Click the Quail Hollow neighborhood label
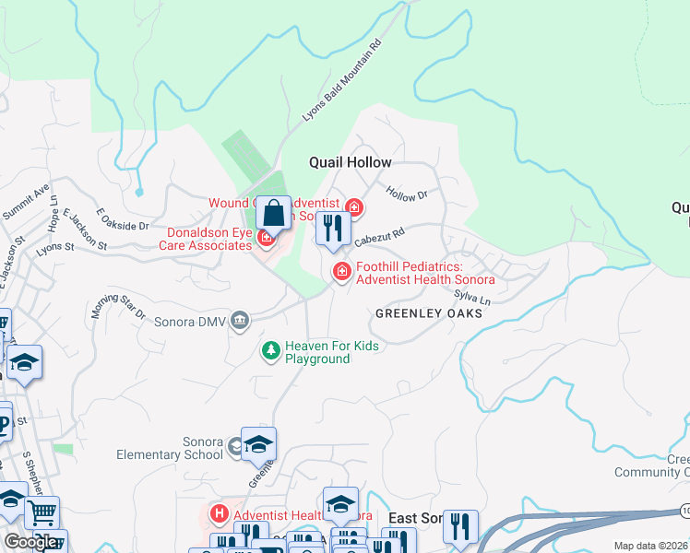point(350,162)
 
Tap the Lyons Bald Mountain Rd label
point(342,82)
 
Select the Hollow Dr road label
point(408,194)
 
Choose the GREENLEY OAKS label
point(428,314)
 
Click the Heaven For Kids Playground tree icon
point(270,350)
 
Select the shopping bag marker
point(274,214)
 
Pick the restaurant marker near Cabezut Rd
point(332,228)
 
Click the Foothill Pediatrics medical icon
point(341,271)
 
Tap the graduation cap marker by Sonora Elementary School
point(258,444)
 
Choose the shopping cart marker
point(41,512)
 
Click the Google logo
point(30,542)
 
